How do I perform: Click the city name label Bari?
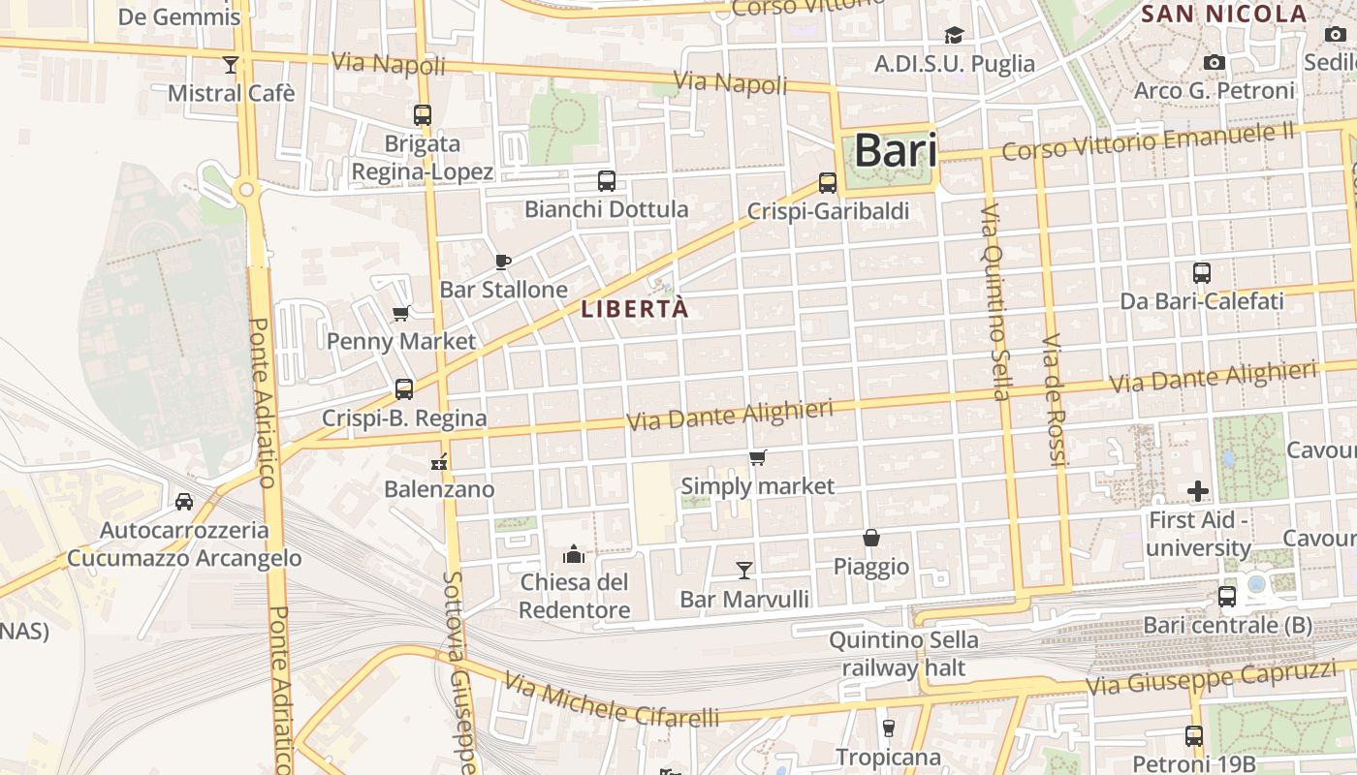(896, 151)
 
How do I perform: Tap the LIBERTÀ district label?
(635, 309)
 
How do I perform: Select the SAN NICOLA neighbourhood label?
(1224, 14)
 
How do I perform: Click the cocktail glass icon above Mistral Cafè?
(230, 65)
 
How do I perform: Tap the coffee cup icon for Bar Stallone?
(502, 262)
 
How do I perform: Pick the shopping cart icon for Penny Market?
(400, 313)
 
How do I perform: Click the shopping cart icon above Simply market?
(757, 457)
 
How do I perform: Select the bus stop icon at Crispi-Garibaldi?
(827, 182)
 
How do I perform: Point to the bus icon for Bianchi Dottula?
(606, 181)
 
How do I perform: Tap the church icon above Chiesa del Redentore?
(574, 554)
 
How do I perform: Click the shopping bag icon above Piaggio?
(871, 538)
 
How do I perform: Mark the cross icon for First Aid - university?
(1198, 491)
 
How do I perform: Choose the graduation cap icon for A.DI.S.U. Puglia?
(954, 36)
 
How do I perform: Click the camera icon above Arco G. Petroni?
(1214, 62)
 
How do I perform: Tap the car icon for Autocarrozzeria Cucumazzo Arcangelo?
(183, 502)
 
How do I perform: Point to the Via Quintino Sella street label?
(995, 301)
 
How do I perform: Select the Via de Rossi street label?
(1054, 400)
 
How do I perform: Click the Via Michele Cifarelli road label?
(612, 701)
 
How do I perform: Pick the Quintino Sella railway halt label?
(903, 654)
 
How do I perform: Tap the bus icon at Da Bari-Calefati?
(1201, 273)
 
